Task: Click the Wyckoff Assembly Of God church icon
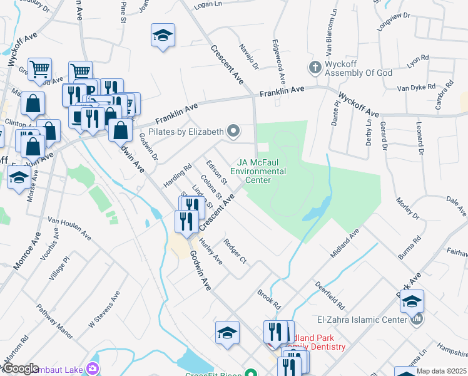tap(315, 67)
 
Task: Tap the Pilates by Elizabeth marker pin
tap(233, 132)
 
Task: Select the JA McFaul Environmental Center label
tap(258, 171)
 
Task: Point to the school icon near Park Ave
tap(412, 301)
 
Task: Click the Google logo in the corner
tap(21, 368)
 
